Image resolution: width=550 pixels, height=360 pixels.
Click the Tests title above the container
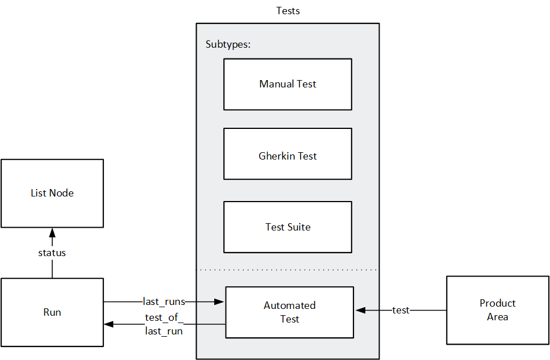point(287,11)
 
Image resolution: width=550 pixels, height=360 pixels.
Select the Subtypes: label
point(228,44)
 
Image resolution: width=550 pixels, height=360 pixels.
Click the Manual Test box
point(287,84)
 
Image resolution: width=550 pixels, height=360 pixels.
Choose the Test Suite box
point(287,227)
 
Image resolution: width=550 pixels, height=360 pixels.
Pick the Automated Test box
point(289,312)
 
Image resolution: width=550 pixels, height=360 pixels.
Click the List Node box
point(52,193)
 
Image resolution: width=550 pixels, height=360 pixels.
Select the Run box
point(52,312)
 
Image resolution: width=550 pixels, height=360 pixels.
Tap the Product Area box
point(497,310)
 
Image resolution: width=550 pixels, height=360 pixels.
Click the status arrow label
point(52,253)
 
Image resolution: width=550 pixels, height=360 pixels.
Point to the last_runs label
point(164,302)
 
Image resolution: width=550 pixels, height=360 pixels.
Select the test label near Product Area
point(401,311)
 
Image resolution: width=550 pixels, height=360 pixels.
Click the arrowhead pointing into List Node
point(52,232)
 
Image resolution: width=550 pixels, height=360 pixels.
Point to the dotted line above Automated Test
point(287,269)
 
